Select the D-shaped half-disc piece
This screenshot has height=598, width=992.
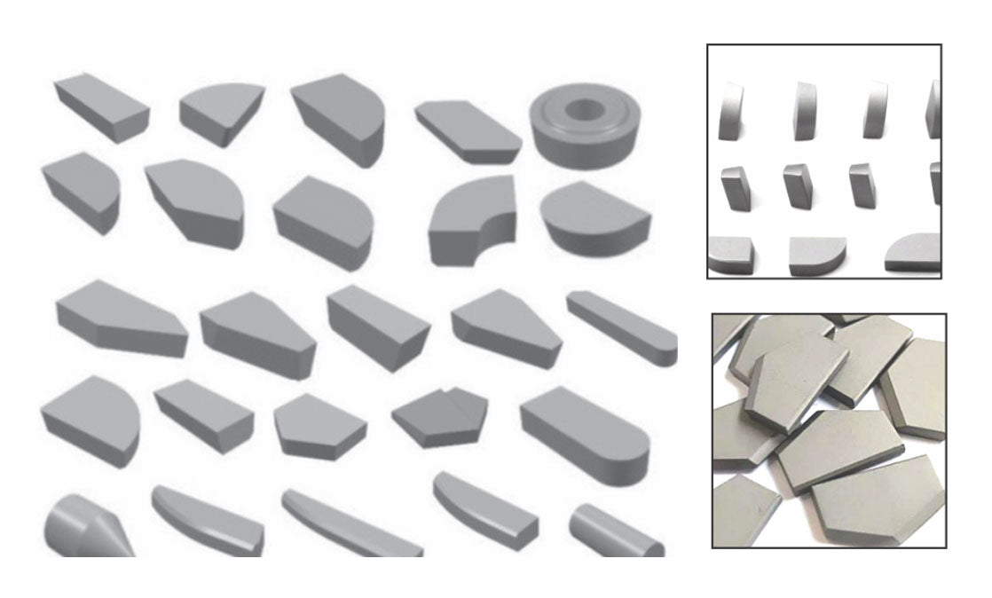[x=594, y=216]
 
